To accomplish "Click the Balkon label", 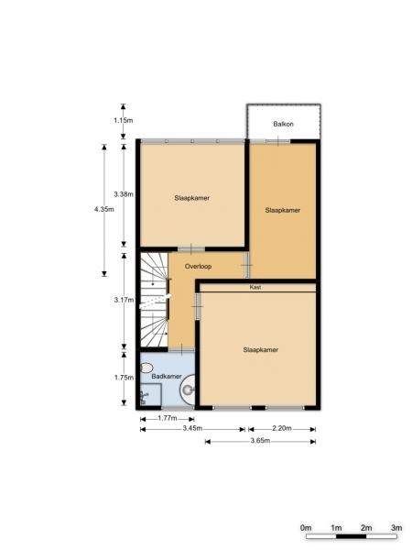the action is coord(283,124).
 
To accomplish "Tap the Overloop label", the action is coord(198,266).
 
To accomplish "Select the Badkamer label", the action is coord(167,376).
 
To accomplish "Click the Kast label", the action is coord(255,287).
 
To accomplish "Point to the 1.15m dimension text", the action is coord(124,120).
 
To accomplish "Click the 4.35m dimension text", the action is coord(104,209).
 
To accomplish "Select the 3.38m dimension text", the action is coord(124,194).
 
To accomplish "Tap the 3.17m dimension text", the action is coord(124,300).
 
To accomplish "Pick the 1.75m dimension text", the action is coord(124,378).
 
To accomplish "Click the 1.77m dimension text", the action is coord(168,418).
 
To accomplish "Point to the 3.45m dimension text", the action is coord(192,428).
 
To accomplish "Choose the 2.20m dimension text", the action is coord(282,428).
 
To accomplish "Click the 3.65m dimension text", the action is coord(260,441).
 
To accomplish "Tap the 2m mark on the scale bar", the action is coord(366,528).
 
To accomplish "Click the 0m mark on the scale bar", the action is coord(306,528).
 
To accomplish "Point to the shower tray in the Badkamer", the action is coord(151,394).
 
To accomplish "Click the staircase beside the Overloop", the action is coord(154,300).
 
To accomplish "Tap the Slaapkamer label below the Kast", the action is coord(261,350).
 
